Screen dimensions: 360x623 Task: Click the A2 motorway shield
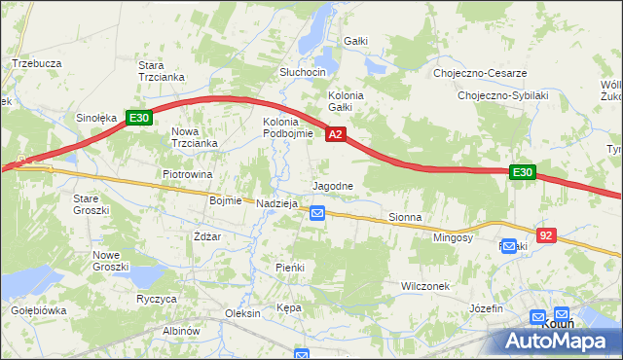click(x=335, y=135)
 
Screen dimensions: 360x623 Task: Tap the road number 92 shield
click(x=546, y=235)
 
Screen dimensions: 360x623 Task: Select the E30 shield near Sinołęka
click(x=138, y=119)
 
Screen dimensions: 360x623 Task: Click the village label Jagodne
click(x=332, y=185)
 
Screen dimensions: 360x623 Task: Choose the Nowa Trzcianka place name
click(x=192, y=137)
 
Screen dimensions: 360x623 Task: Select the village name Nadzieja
click(x=276, y=203)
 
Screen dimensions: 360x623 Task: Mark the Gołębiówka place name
click(x=38, y=310)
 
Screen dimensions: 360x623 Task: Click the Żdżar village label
click(x=207, y=236)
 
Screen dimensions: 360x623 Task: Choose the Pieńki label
click(x=290, y=267)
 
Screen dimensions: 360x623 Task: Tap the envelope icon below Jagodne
click(x=317, y=212)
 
